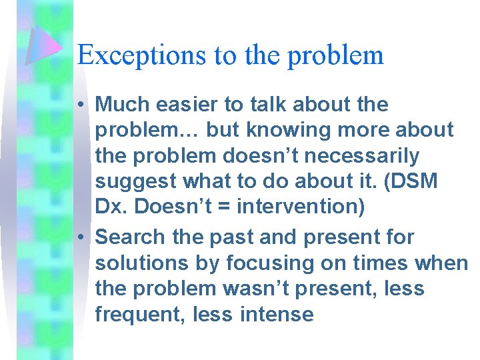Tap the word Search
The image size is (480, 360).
pos(135,237)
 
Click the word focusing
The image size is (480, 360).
pos(270,263)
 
